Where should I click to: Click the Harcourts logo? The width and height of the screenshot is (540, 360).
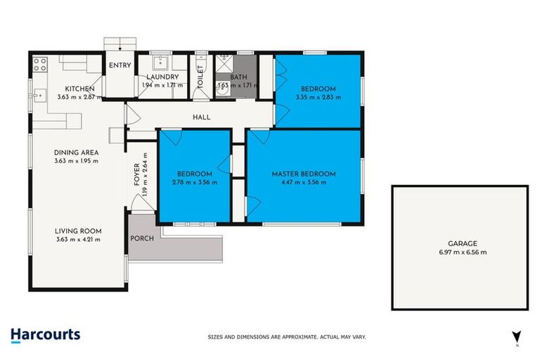[45, 335]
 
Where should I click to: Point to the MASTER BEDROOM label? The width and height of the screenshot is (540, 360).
[304, 174]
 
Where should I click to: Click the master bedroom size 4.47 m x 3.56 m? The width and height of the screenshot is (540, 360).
[304, 182]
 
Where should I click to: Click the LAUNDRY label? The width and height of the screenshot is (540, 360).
[162, 77]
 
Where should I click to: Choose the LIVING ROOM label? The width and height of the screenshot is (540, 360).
[79, 231]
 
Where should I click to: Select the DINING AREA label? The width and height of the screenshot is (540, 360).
[76, 153]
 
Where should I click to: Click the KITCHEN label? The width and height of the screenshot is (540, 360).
[80, 89]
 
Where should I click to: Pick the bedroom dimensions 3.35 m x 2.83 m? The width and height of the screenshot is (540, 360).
[318, 97]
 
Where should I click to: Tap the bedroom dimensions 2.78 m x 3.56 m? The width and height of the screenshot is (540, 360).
[194, 182]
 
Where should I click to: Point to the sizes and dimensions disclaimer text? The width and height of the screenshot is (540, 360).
[287, 337]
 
